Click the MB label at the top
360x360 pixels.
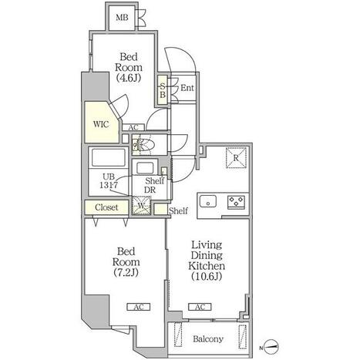[x=122, y=18]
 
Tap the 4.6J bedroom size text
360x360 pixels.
[x=129, y=78]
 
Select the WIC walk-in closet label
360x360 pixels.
[x=101, y=124]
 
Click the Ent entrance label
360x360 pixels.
[x=187, y=88]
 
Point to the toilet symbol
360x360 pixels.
[x=143, y=145]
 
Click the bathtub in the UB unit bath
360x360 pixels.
[x=108, y=157]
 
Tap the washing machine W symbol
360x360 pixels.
[x=141, y=205]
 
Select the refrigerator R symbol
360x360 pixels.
[x=236, y=158]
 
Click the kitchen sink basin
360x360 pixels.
[x=208, y=200]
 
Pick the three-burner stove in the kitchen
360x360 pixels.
[x=236, y=202]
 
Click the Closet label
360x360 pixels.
[x=106, y=207]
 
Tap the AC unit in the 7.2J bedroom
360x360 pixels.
[x=139, y=307]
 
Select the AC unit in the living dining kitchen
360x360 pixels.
[x=200, y=307]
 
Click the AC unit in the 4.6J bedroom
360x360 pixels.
[x=133, y=127]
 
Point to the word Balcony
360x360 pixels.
[x=208, y=339]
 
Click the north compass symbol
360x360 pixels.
[x=271, y=346]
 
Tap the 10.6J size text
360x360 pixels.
[x=207, y=276]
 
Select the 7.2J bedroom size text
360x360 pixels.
[x=126, y=272]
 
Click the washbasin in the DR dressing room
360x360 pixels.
[x=145, y=168]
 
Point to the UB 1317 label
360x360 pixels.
[x=109, y=181]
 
